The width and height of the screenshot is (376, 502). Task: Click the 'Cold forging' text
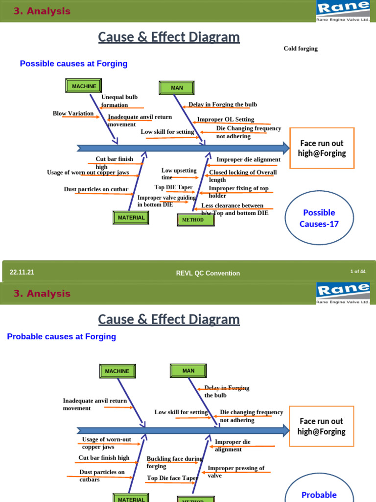pos(301,49)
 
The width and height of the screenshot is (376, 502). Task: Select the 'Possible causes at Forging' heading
pos(73,64)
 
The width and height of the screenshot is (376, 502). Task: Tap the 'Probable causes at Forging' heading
pos(61,337)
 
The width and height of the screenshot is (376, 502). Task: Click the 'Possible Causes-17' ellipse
pos(319,218)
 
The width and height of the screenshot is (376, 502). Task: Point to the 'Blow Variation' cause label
pos(73,113)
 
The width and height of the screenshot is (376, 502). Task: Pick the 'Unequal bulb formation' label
pos(119,101)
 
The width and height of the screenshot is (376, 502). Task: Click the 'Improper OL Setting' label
pos(225,119)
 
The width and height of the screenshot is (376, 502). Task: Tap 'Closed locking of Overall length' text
pos(242,176)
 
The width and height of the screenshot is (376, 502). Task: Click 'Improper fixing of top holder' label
pos(238,192)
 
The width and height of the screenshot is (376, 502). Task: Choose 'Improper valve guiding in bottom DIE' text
pos(166,201)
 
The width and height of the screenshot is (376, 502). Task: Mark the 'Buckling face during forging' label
pos(174,462)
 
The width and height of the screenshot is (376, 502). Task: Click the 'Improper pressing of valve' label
pos(235,472)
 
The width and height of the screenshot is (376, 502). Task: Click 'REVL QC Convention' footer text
pos(208,273)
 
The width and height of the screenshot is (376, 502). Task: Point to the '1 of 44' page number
pos(357,271)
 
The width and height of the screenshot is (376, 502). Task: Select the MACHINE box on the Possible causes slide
pos(84,86)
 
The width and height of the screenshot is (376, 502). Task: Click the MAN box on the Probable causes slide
pos(188,371)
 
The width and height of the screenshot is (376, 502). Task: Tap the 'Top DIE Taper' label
pos(173,187)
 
